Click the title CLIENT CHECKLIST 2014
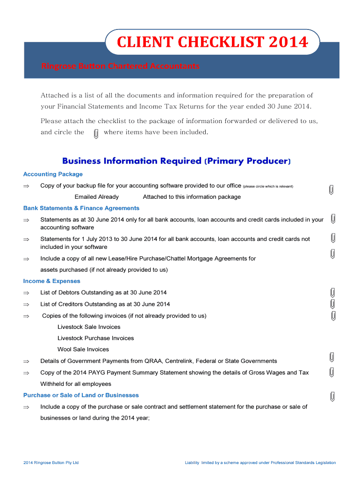tap(212, 43)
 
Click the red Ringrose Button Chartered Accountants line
tap(120, 66)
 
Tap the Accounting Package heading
tap(53, 174)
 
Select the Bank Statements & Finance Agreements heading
tap(81, 208)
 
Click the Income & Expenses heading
tap(52, 281)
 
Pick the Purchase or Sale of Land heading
tap(81, 395)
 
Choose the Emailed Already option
tap(97, 197)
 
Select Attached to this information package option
tap(192, 197)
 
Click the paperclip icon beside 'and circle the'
tap(96, 133)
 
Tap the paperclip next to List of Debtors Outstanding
tap(332, 293)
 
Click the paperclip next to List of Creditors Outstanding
tap(332, 304)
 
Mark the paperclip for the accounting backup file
tap(331, 189)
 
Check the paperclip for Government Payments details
tap(331, 357)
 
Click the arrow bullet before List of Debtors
tap(26, 293)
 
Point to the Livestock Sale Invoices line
tap(89, 327)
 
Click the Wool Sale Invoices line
tap(83, 349)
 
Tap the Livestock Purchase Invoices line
tap(95, 338)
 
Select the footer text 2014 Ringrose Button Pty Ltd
tap(51, 463)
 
